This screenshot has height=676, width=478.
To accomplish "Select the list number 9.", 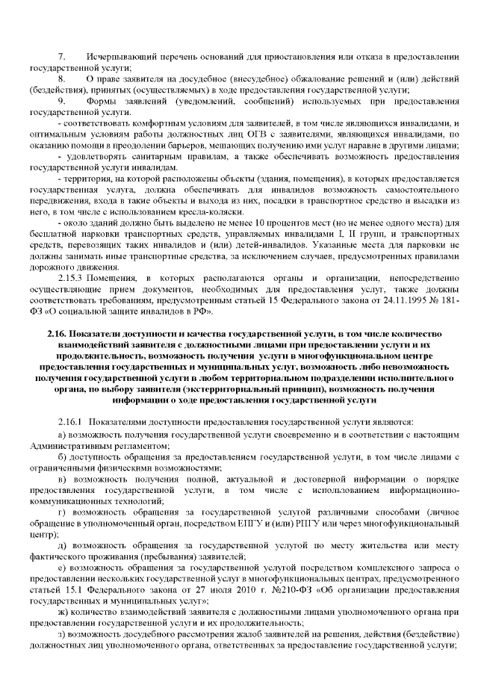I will pyautogui.click(x=62, y=99).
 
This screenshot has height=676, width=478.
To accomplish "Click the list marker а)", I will pyautogui.click(x=61, y=433).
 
